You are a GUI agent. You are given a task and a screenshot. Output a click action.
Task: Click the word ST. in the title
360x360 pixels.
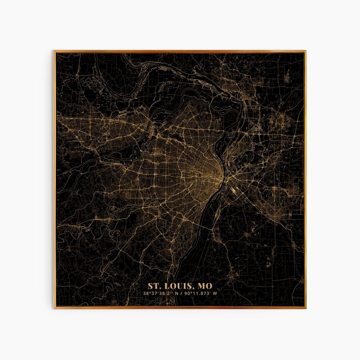pyautogui.click(x=154, y=286)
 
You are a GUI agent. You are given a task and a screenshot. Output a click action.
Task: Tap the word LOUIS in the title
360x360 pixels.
pyautogui.click(x=178, y=286)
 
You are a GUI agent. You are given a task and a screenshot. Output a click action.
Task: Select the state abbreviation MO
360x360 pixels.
pyautogui.click(x=204, y=286)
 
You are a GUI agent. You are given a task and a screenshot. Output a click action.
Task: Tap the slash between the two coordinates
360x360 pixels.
pyautogui.click(x=181, y=294)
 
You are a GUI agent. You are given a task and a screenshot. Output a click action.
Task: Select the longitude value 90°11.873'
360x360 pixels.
pyautogui.click(x=198, y=294)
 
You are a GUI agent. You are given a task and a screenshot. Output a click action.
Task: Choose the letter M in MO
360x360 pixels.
pyautogui.click(x=201, y=286)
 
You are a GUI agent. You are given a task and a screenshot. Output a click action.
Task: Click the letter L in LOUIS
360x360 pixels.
pyautogui.click(x=166, y=286)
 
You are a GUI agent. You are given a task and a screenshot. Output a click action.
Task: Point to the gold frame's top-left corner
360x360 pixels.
pyautogui.click(x=55, y=51)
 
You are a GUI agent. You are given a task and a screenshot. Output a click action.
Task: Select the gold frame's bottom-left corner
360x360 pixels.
pyautogui.click(x=55, y=308)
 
